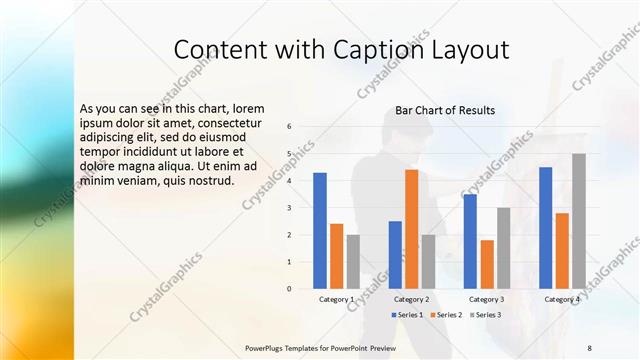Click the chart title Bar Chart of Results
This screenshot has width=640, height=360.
point(445,110)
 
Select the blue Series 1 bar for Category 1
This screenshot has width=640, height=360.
point(320,230)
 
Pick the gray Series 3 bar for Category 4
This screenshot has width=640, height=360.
point(579,221)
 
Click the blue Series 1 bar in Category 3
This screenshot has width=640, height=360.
point(470,241)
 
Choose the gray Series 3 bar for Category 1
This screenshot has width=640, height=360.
point(354,261)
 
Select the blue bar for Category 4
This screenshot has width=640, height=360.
point(545,227)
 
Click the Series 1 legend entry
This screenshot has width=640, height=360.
point(406,315)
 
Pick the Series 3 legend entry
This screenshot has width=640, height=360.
point(487,315)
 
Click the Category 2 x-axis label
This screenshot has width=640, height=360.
point(411,299)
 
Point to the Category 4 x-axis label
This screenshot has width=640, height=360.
point(561,299)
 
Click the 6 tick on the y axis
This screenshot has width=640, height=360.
point(289,127)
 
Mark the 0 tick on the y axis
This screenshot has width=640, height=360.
point(289,289)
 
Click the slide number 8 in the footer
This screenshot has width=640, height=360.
point(589,347)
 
